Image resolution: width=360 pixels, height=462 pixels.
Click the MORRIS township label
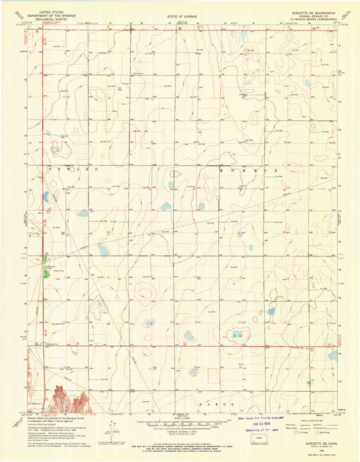point(249,172)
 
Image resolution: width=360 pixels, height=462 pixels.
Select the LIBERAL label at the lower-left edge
point(32,399)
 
